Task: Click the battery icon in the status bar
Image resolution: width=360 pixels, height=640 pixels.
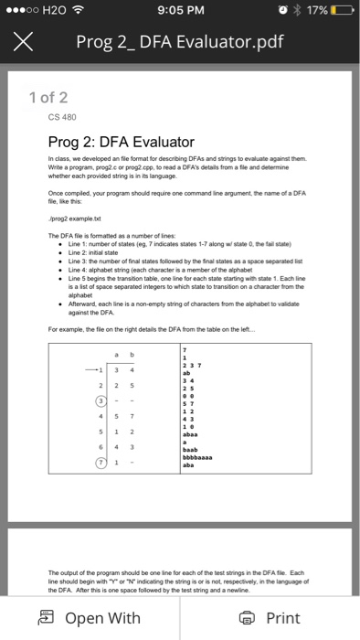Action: [x=337, y=11]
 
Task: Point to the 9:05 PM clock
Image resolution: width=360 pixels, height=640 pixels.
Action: [x=179, y=11]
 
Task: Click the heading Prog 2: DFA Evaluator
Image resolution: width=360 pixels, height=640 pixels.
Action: [x=121, y=142]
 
